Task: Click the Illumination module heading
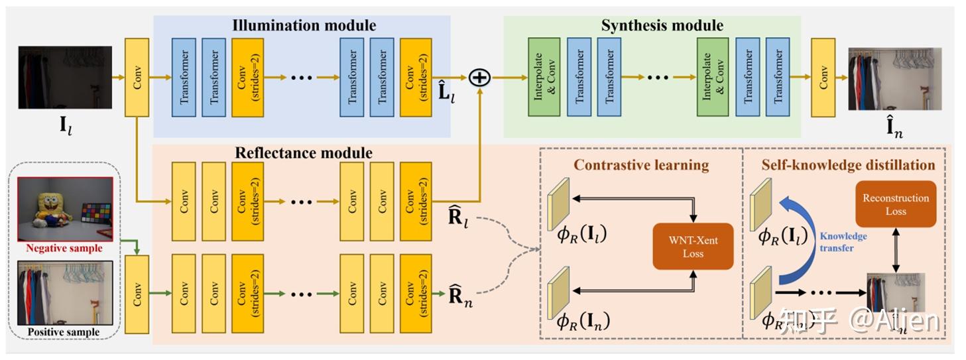coord(304,26)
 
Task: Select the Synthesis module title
coord(662,26)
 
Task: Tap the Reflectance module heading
coord(304,153)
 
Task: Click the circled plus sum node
coord(479,78)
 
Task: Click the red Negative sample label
coord(64,249)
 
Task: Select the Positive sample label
coord(64,332)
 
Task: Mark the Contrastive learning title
coord(640,164)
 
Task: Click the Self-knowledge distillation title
coord(848,164)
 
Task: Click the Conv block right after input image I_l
coord(137,77)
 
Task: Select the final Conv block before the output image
coord(823,77)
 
